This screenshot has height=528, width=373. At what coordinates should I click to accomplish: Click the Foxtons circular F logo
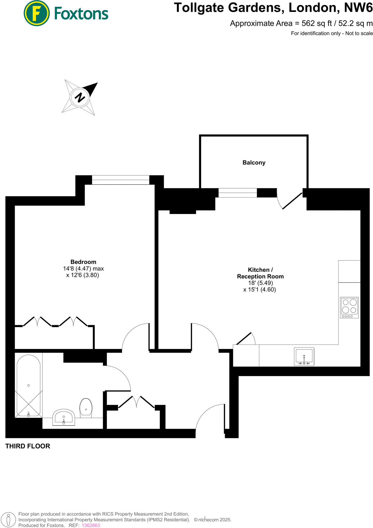pyautogui.click(x=36, y=13)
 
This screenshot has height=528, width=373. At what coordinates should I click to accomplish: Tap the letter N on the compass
pyautogui.click(x=80, y=97)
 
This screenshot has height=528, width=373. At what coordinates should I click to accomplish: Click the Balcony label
pyautogui.click(x=254, y=163)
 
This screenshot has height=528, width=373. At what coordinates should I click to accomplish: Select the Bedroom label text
pyautogui.click(x=83, y=262)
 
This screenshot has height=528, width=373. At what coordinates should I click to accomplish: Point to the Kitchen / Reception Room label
pyautogui.click(x=260, y=273)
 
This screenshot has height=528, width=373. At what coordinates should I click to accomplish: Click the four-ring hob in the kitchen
pyautogui.click(x=349, y=307)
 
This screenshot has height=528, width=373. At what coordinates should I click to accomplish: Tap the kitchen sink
pyautogui.click(x=304, y=356)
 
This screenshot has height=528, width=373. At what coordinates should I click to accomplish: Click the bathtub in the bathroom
pyautogui.click(x=28, y=385)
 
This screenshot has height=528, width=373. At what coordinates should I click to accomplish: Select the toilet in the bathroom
pyautogui.click(x=86, y=408)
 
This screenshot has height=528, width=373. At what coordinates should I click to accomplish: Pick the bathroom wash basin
pyautogui.click(x=64, y=417)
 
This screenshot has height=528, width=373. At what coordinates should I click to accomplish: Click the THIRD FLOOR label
pyautogui.click(x=28, y=446)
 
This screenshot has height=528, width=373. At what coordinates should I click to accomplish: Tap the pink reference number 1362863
pyautogui.click(x=91, y=525)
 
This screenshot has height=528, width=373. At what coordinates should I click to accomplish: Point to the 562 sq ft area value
pyautogui.click(x=317, y=23)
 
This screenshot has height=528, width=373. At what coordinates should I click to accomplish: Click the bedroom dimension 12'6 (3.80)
pyautogui.click(x=83, y=275)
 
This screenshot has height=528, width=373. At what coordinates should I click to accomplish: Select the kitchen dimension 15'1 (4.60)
pyautogui.click(x=260, y=290)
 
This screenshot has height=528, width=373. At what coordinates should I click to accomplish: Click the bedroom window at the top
pyautogui.click(x=120, y=180)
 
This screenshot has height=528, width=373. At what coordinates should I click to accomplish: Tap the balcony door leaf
pyautogui.click(x=292, y=201)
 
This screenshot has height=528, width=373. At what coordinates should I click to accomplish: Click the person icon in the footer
pyautogui.click(x=8, y=519)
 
